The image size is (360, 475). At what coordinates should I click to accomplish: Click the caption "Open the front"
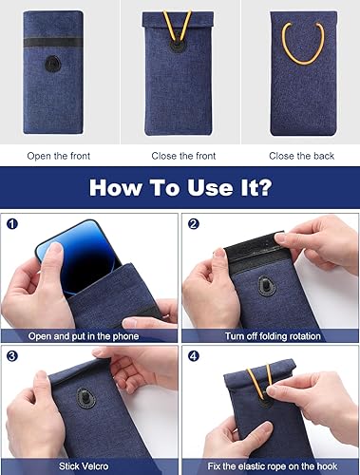tap(59, 155)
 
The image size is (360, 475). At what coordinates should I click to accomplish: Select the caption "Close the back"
tap(299, 155)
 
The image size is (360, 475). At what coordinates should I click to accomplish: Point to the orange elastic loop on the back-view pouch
tap(302, 43)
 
